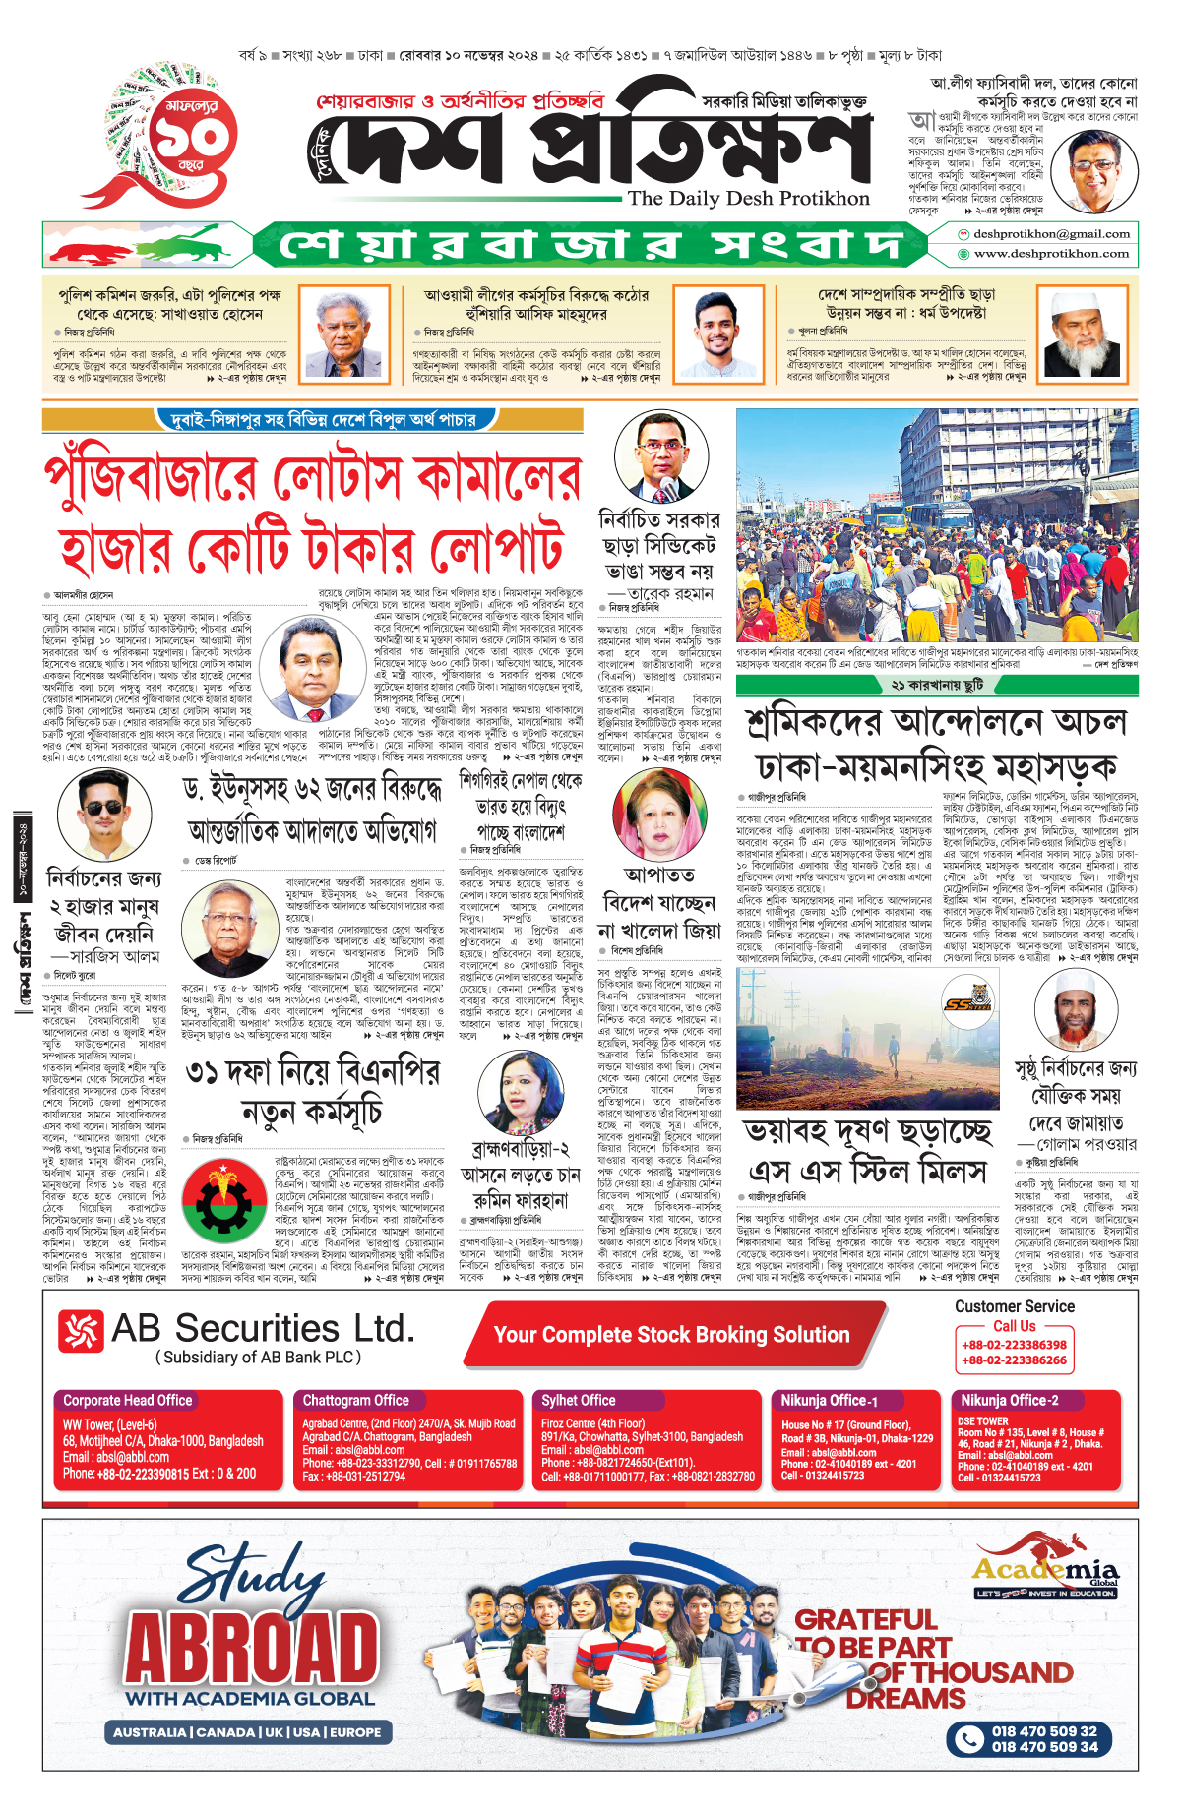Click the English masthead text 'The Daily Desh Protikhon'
click(748, 199)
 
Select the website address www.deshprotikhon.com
click(1051, 254)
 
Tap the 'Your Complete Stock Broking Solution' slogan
click(671, 1335)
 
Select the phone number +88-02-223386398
click(1014, 1345)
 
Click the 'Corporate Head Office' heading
click(128, 1400)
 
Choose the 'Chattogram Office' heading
click(355, 1400)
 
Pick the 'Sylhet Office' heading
click(579, 1400)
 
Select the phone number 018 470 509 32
click(1043, 1731)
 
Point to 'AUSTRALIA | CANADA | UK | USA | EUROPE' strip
click(247, 1732)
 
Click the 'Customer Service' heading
click(1015, 1306)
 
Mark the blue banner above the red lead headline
click(323, 420)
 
